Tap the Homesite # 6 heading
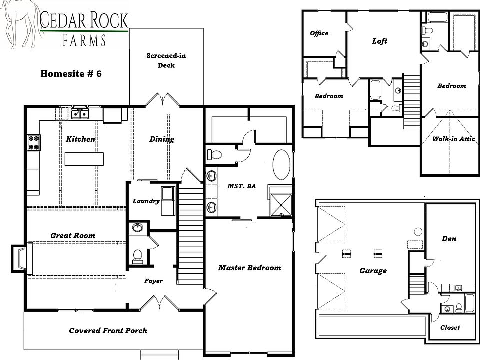71,74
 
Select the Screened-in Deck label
166,60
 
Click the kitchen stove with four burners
34,142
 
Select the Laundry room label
146,201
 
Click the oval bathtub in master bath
281,165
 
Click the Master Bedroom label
249,268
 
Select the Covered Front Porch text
108,330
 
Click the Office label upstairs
319,33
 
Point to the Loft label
379,41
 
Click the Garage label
373,271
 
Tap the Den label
449,239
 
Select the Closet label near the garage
450,328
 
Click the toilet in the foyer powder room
136,256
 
